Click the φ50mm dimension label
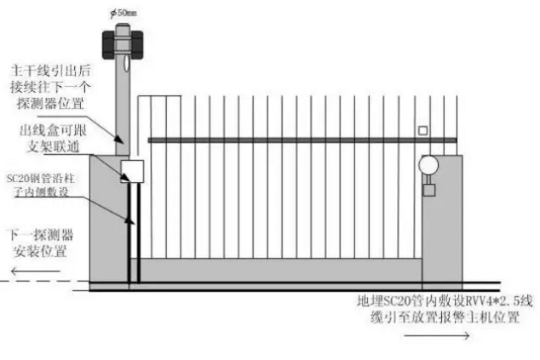pos(124,13)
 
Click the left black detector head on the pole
pos(109,45)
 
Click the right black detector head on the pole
pos(136,45)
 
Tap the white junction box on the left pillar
pos(132,171)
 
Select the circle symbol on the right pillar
pos(428,165)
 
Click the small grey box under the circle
pos(428,191)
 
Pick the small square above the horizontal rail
pos(423,130)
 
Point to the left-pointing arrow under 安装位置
pos(36,271)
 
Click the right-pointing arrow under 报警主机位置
pos(436,335)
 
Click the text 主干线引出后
pos(50,70)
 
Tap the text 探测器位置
pos(50,103)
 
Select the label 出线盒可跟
pos(52,130)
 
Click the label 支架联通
pos(53,146)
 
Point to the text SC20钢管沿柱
pos(41,178)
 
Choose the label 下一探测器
pos(41,235)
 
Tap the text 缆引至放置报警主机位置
pos(445,317)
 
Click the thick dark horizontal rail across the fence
pos(302,140)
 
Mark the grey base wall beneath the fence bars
pos(275,270)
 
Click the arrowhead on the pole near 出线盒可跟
pos(119,139)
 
